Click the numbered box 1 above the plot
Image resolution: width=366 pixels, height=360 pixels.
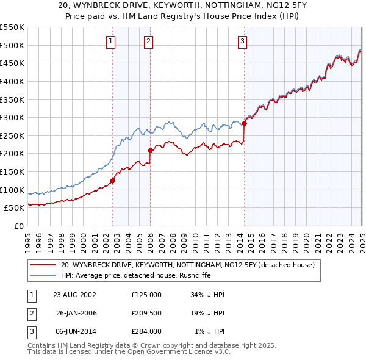[111, 41]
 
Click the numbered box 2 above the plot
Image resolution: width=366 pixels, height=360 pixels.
[148, 41]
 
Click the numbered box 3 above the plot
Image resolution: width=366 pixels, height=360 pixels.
[242, 41]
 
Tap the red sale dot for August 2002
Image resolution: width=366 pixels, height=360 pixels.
[113, 181]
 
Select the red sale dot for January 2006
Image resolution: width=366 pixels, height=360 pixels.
[150, 149]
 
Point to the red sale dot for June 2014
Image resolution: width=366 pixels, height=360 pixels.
[244, 123]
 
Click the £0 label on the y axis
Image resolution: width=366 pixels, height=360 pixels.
[18, 226]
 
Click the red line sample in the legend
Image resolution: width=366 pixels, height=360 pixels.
[42, 265]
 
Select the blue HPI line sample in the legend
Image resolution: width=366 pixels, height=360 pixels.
[42, 275]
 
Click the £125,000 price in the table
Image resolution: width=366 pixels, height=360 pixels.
[146, 294]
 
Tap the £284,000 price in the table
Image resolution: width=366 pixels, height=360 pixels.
[146, 332]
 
